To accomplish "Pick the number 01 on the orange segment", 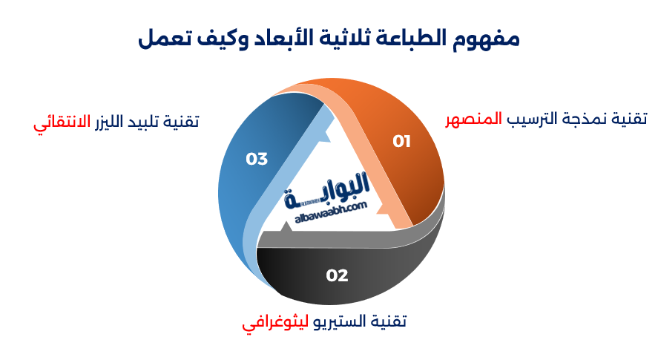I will (x=401, y=141).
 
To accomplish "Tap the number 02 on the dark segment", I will (x=337, y=275).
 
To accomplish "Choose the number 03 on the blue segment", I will (x=257, y=159).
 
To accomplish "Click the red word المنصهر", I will (x=473, y=119).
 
